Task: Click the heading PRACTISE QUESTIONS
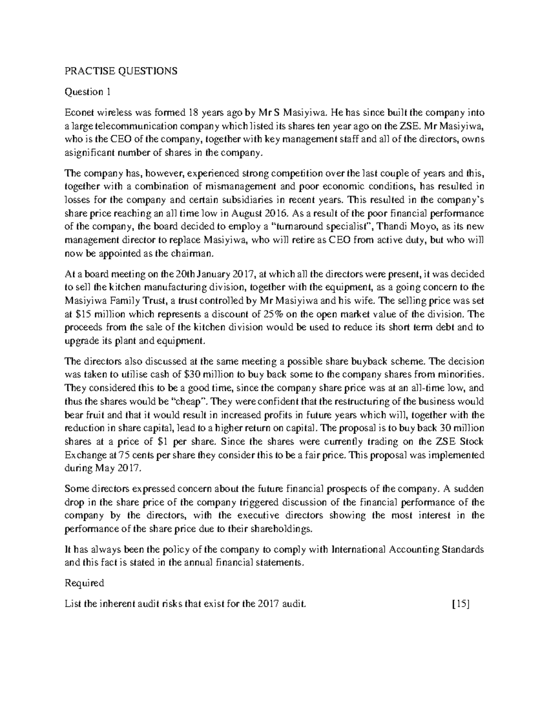point(121,71)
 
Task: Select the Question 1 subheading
point(88,92)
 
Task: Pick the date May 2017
point(119,469)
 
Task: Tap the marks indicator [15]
point(460,604)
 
